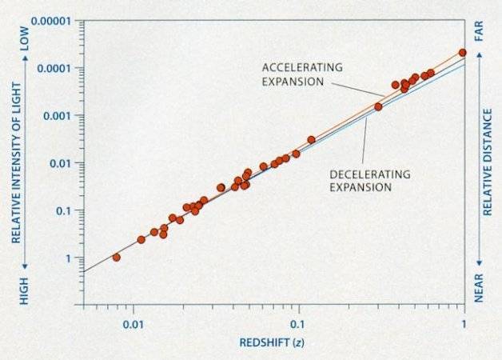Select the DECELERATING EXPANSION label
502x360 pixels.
click(361, 181)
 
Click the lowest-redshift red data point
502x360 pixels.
click(117, 258)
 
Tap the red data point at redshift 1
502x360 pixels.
click(463, 53)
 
